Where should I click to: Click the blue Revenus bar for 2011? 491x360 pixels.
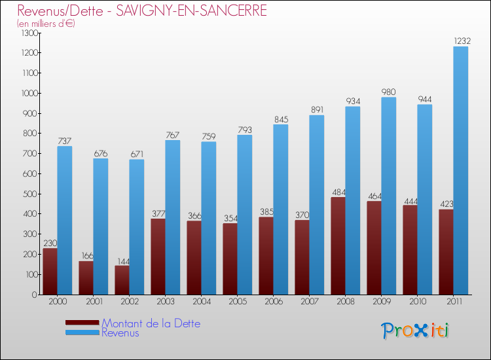coord(461,170)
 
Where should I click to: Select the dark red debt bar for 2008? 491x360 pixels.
coord(338,245)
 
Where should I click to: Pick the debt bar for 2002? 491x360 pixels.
coord(122,279)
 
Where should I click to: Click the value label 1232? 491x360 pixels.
coord(461,41)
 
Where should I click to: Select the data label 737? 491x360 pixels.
coord(64,141)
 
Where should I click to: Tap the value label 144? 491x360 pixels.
coord(122,261)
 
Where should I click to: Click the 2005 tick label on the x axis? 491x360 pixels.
coord(237,303)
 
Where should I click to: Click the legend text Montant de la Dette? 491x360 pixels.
coord(151,323)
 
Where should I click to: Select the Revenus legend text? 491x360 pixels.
coord(120,333)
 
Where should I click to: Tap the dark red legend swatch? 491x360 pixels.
coord(82,323)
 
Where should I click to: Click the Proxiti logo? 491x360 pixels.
coord(415,331)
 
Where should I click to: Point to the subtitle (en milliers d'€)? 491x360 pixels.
coord(46,24)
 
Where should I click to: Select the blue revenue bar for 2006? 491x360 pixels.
coord(280,209)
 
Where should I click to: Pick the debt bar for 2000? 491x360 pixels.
coord(50,271)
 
